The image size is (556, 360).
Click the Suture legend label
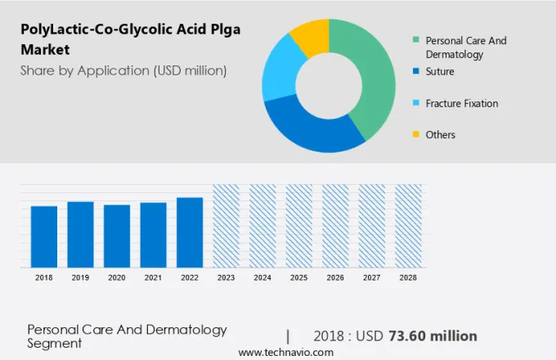pyautogui.click(x=440, y=72)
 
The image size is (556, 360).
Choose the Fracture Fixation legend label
pyautogui.click(x=462, y=103)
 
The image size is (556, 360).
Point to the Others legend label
pyautogui.click(x=441, y=134)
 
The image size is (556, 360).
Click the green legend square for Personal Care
pyautogui.click(x=416, y=39)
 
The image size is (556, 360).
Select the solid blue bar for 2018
pyautogui.click(x=44, y=236)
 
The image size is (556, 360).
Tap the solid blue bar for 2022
pyautogui.click(x=190, y=232)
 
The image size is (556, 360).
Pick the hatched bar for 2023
pyautogui.click(x=226, y=225)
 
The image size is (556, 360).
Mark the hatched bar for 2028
pyautogui.click(x=408, y=225)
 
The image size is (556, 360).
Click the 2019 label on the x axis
pyautogui.click(x=80, y=278)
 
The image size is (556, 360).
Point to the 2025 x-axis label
pyautogui.click(x=298, y=278)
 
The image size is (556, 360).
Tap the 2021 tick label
pyautogui.click(x=153, y=278)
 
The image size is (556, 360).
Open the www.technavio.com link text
pyautogui.click(x=285, y=352)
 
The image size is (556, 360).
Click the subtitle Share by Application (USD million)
pyautogui.click(x=123, y=70)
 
